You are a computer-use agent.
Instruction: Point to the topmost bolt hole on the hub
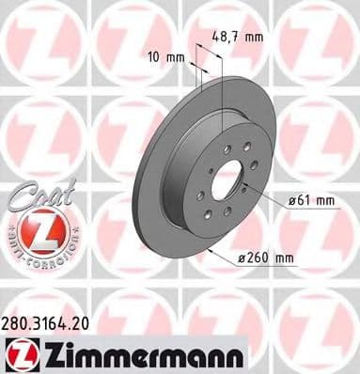231,142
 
